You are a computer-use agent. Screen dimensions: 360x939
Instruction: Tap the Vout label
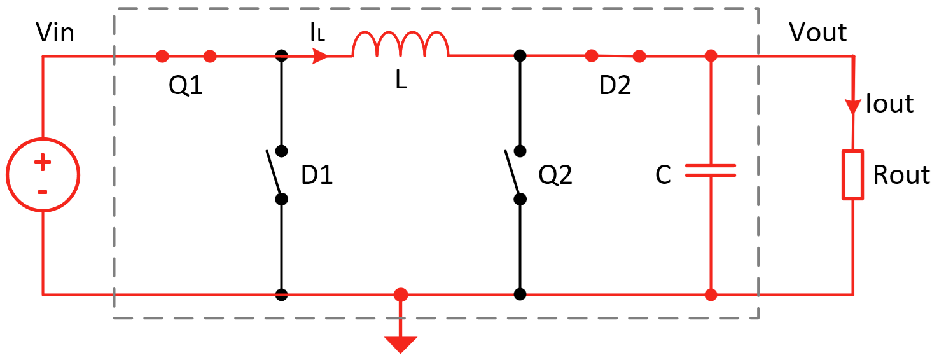(817, 32)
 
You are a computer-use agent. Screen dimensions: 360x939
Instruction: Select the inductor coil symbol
(401, 45)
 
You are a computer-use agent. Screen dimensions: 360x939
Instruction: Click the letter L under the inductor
(401, 82)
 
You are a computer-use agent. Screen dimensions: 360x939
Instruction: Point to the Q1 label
(186, 86)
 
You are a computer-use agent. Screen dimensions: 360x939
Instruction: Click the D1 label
(317, 176)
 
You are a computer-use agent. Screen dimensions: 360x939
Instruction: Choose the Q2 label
(555, 176)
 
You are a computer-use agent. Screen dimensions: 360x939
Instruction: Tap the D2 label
(615, 86)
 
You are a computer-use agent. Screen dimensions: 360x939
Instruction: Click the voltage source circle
(43, 175)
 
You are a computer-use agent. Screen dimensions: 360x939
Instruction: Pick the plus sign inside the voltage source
(43, 163)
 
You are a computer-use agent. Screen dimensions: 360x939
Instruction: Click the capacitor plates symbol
(711, 170)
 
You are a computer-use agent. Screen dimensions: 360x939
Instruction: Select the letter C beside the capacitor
(663, 176)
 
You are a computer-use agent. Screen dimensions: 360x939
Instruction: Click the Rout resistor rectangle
(852, 175)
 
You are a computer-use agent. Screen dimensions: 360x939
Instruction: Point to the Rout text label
(901, 175)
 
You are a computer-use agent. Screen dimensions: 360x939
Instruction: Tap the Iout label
(889, 104)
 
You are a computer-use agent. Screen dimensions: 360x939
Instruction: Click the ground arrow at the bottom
(400, 343)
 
